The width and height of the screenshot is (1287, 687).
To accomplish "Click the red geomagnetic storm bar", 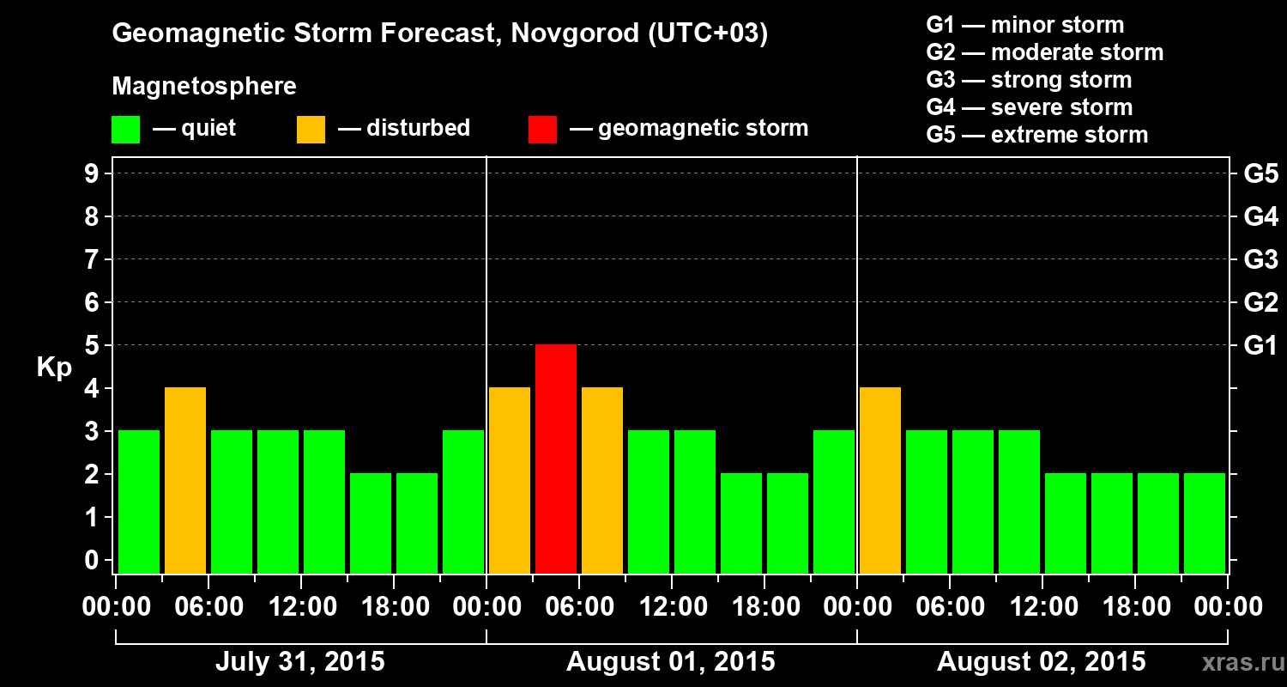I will pos(556,459).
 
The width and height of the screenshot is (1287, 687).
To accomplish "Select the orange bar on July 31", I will pos(185,480).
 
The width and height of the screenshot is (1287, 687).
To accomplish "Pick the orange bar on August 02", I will pos(880,480).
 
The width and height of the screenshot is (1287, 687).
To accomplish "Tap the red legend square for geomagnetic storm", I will pos(542,130).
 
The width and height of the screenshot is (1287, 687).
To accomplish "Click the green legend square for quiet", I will pos(126,130).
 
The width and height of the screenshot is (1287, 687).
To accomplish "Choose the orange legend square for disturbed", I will pos(311,130).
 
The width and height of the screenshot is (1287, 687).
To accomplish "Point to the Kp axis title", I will pos(53,367).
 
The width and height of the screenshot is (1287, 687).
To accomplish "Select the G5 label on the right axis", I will pos(1260,174).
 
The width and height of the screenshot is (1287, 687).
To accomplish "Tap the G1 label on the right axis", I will pos(1260,346).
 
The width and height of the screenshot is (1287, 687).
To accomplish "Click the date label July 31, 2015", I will pos(299,662).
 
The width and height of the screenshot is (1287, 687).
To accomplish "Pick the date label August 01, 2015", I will pos(670,662).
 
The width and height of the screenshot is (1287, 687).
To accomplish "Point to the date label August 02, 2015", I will pos(1041,662).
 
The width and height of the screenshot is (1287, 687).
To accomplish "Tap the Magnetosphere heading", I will pos(204,87).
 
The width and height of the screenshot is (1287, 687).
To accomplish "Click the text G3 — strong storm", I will pos(1029,80).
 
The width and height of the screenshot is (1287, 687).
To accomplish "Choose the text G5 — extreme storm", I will pos(1036,135).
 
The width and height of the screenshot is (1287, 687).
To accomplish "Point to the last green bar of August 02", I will pos(1205,523).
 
